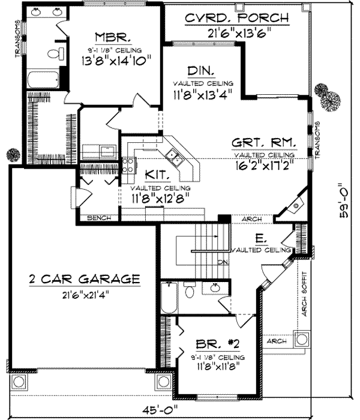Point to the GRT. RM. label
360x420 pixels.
point(265,143)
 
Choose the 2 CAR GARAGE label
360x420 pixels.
point(85,279)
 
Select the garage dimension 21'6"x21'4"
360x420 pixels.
point(84,295)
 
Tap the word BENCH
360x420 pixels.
point(98,218)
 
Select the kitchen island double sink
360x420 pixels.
point(175,157)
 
